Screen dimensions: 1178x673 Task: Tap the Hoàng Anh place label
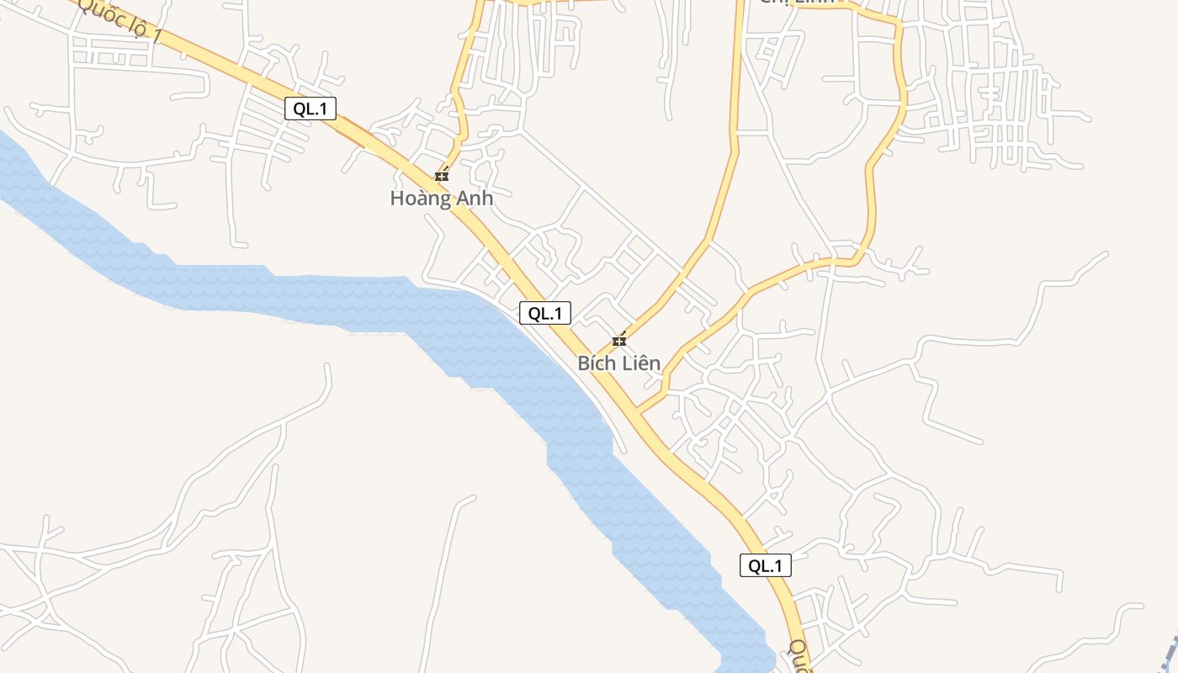click(x=441, y=199)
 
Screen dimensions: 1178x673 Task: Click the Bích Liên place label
click(x=618, y=363)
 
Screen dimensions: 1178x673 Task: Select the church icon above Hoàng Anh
click(x=442, y=176)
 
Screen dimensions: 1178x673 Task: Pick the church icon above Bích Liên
click(x=619, y=341)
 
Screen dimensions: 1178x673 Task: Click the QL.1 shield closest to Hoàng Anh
click(x=310, y=108)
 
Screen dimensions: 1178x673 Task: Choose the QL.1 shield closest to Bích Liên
click(x=545, y=313)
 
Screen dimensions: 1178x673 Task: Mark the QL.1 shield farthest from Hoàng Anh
click(x=765, y=565)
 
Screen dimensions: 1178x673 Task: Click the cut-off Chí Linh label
click(x=796, y=3)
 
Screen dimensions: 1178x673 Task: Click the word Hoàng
click(x=417, y=199)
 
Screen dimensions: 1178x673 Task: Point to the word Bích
click(x=597, y=363)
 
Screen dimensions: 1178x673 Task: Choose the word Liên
click(x=641, y=363)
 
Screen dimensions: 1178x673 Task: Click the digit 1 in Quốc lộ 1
click(x=156, y=35)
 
